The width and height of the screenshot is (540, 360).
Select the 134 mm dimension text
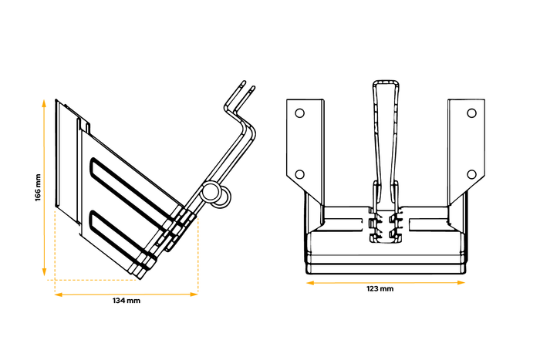[x=127, y=301]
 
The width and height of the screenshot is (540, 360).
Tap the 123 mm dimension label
[x=381, y=289]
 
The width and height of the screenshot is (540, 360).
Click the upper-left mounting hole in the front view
[x=300, y=113]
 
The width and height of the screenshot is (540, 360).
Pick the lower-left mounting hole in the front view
[x=300, y=173]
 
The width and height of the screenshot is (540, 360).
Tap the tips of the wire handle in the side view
[x=246, y=84]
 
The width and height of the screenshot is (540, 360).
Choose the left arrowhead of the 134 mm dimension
[x=57, y=294]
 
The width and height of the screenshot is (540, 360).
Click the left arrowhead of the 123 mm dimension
[x=310, y=282]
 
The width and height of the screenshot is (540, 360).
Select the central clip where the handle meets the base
[x=387, y=223]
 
